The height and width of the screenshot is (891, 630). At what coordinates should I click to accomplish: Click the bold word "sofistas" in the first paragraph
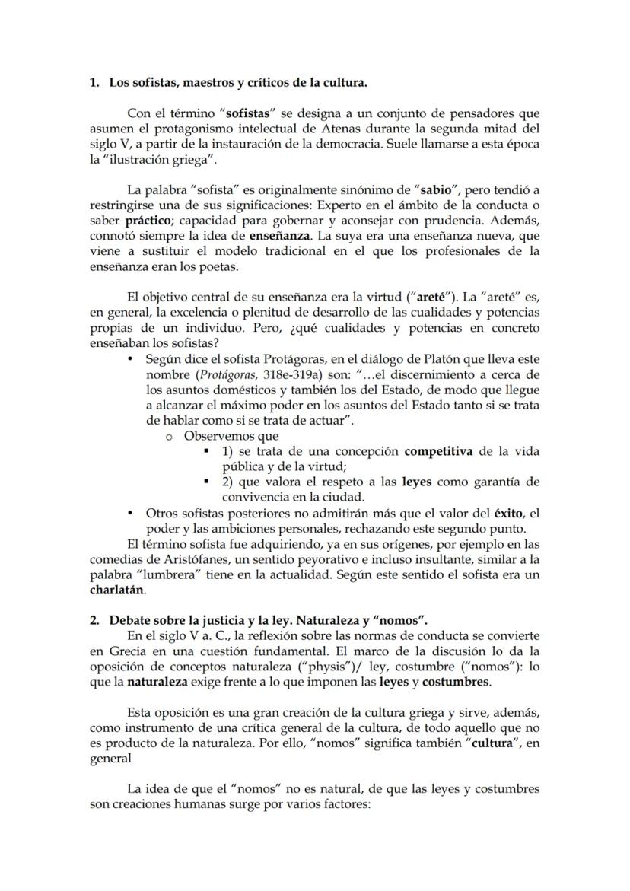click(246, 113)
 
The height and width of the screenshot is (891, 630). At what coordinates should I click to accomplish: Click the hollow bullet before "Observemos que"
click(169, 437)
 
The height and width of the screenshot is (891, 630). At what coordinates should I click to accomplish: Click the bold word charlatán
click(116, 590)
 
